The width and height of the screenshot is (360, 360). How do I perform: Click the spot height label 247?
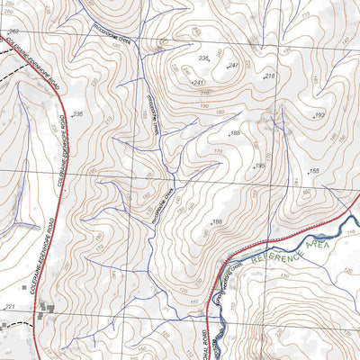(232, 67)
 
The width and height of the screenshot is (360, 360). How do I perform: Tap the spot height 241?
(199, 82)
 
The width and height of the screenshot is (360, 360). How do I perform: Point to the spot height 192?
(319, 115)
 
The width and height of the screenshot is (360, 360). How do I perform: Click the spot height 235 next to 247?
(203, 58)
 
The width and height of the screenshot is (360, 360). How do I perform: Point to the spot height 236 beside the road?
(76, 114)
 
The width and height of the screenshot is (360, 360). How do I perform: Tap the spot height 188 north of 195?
(235, 133)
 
